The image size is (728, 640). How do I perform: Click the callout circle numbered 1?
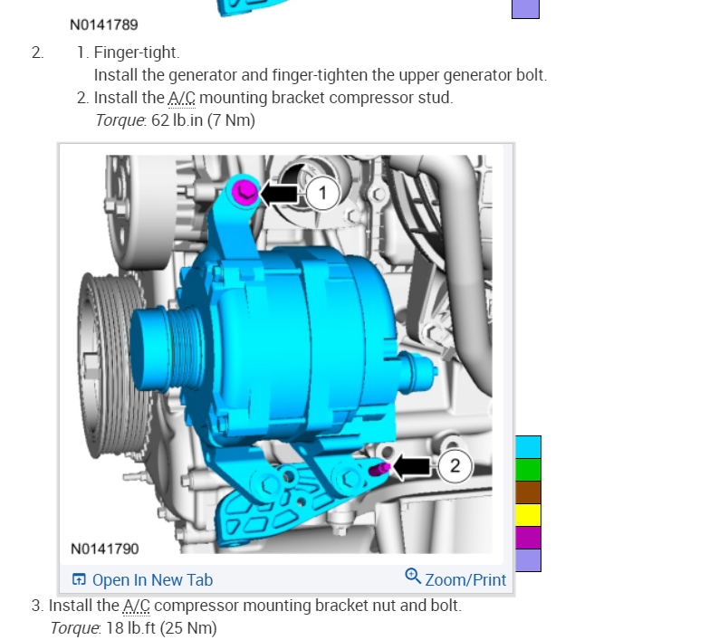(322, 193)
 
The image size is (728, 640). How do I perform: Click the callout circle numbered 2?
(455, 465)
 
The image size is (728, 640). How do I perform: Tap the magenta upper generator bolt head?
(244, 192)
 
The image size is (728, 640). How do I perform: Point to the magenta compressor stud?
(379, 469)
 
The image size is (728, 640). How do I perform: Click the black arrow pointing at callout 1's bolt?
(279, 193)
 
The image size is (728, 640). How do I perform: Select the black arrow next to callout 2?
(411, 466)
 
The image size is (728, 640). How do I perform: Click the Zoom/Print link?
(465, 579)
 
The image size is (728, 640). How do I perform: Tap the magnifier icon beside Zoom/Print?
(413, 576)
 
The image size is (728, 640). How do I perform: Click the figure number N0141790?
(104, 549)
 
